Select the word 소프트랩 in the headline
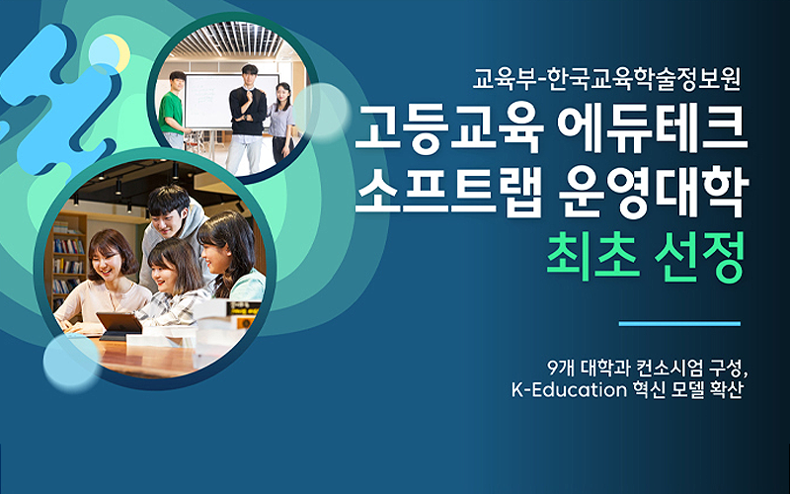tap(449, 195)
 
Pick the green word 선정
tap(699, 259)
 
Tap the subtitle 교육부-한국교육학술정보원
tap(606, 79)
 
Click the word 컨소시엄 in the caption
tap(668, 368)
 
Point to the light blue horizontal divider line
tap(679, 324)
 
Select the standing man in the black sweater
tap(247, 120)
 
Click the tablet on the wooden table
tap(119, 325)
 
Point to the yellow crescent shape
tap(121, 52)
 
